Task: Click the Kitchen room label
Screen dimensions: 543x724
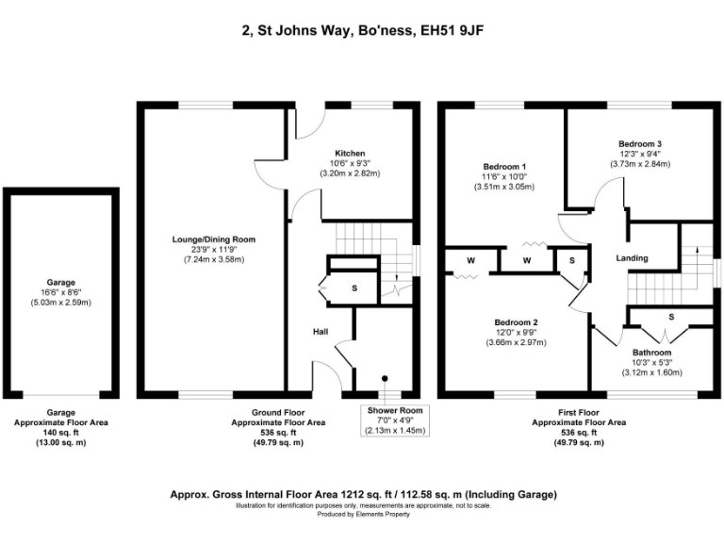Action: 349,153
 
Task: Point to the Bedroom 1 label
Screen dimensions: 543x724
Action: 503,165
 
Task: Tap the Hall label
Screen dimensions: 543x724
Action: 321,332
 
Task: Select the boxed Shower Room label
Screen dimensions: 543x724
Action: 395,410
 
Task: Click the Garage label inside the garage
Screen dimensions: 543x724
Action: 61,282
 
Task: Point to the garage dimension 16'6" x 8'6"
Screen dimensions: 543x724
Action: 61,292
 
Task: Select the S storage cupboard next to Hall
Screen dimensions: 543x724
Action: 354,288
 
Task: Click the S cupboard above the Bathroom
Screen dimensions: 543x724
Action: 670,317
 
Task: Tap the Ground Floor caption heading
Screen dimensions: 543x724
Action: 279,413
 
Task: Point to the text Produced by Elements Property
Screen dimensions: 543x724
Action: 362,514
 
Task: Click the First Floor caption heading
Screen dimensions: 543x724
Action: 579,413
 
